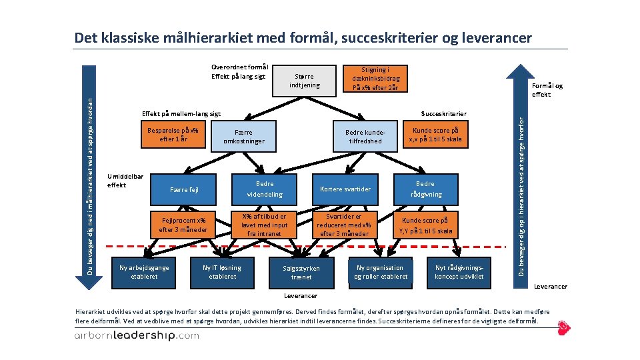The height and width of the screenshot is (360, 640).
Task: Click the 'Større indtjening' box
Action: [x=307, y=80]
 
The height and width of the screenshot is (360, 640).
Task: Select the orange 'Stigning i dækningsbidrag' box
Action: [x=375, y=79]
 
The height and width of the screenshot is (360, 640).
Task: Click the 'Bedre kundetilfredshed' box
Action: [x=365, y=137]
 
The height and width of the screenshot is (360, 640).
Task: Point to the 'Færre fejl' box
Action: [x=185, y=189]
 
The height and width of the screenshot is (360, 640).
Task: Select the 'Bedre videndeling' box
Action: [x=265, y=189]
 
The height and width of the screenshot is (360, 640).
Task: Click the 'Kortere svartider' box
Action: [x=345, y=189]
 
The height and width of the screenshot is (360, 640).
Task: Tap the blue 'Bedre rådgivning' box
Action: [x=425, y=189]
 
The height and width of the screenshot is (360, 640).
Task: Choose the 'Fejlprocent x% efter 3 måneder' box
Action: [x=183, y=225]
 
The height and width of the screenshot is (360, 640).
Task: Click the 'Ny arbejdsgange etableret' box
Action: [x=144, y=272]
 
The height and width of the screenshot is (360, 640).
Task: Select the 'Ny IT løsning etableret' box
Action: [x=222, y=272]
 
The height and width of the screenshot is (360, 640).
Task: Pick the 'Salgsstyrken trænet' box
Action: [x=301, y=273]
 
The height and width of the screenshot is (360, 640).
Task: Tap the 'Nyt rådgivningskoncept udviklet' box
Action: [x=459, y=272]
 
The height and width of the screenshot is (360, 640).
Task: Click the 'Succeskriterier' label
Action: [x=443, y=114]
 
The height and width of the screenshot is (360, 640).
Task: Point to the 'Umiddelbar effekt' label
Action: [x=125, y=180]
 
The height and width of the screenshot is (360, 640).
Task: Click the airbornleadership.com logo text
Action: [x=136, y=335]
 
